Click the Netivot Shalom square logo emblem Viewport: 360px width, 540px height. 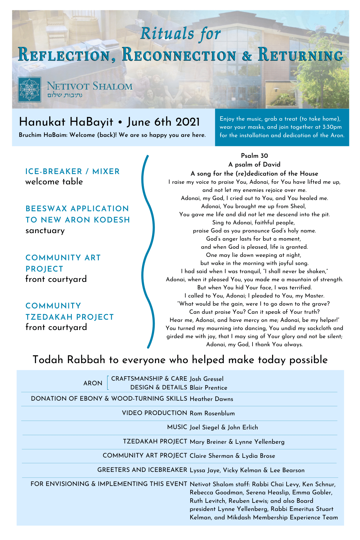(x=30, y=90)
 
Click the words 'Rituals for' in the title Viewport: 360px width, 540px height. (x=181, y=34)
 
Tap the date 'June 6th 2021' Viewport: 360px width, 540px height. (x=163, y=122)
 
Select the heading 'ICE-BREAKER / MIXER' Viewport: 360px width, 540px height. (x=72, y=171)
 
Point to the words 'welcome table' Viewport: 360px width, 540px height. (x=54, y=182)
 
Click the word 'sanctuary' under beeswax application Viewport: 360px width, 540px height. (x=45, y=231)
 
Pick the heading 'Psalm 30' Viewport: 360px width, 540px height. (x=254, y=156)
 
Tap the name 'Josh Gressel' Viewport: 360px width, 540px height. (x=207, y=379)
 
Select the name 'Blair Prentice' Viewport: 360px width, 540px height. (x=208, y=388)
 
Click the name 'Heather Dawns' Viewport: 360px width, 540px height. (x=211, y=399)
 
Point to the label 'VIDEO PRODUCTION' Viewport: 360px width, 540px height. (x=154, y=413)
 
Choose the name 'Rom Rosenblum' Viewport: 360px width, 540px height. (x=212, y=413)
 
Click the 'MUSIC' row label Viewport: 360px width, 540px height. (x=177, y=427)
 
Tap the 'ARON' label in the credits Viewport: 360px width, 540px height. (x=93, y=383)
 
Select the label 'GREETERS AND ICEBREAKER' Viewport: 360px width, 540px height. (x=142, y=470)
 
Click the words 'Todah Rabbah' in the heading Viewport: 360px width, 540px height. (x=69, y=360)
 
